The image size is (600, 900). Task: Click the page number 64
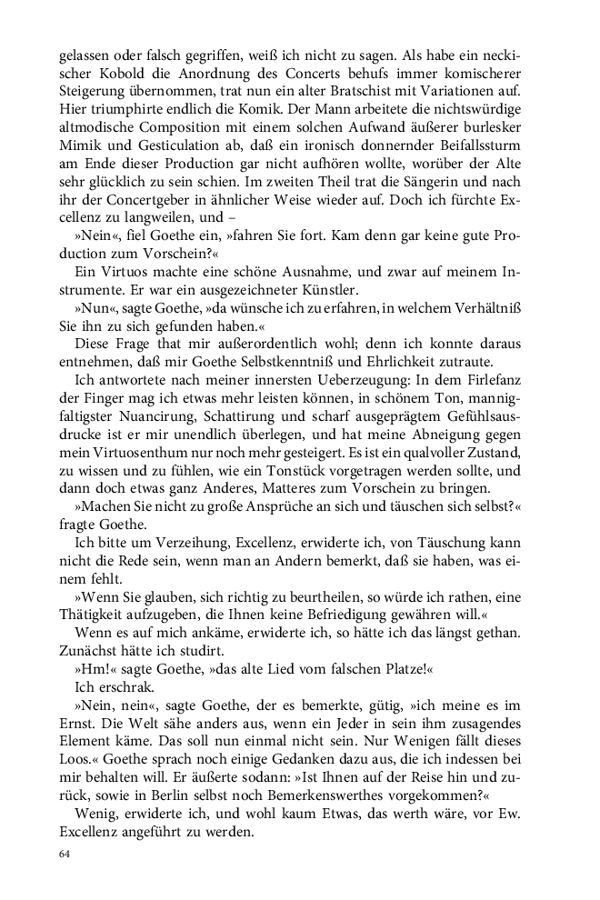coord(64,855)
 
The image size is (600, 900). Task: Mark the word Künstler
coord(305,291)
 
